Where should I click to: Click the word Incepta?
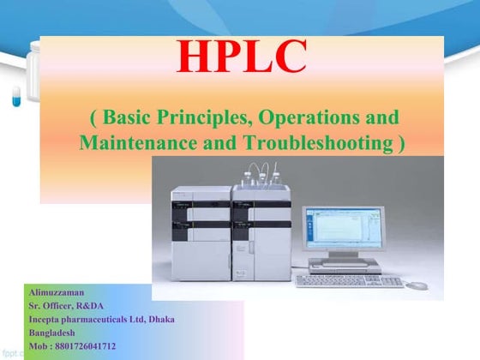click(x=46, y=320)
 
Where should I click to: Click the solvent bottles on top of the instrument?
click(x=257, y=175)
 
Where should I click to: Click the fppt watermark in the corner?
click(x=10, y=352)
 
